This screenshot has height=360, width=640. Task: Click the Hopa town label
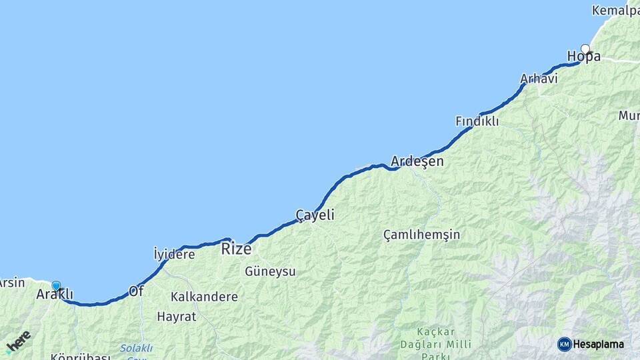583,57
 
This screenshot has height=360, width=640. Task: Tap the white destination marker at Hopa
585,49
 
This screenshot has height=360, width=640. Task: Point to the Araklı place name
54,295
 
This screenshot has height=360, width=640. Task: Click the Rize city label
236,249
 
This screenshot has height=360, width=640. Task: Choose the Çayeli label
315,215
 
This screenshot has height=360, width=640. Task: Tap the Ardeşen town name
417,162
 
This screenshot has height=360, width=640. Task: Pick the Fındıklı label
477,121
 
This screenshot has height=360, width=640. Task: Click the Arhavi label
539,79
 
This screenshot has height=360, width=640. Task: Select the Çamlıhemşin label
421,235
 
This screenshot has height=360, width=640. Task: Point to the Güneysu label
270,271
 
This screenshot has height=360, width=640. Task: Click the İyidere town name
174,254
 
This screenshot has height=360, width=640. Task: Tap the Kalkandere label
204,297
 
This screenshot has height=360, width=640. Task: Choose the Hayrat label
177,317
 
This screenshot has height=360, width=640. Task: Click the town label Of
136,291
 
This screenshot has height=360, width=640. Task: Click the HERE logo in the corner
18,342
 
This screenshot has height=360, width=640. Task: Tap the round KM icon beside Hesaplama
564,344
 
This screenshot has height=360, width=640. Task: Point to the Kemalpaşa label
615,11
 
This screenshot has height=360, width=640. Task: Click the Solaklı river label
137,349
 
